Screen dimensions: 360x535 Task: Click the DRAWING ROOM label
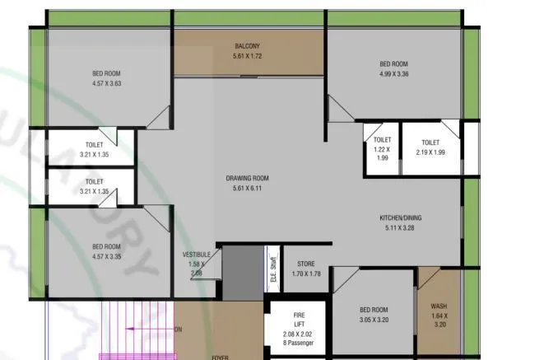(x=248, y=178)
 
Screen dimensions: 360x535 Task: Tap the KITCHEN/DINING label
(x=401, y=217)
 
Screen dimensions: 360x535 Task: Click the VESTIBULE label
(x=197, y=255)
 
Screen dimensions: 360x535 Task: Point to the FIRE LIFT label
(x=300, y=320)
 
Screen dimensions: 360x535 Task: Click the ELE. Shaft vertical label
(x=273, y=269)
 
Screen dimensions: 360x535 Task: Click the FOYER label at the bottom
(x=220, y=357)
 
